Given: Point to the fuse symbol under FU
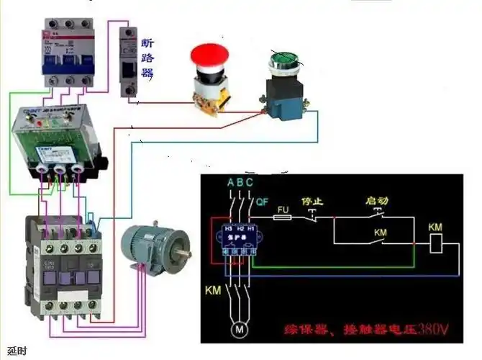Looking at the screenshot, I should [x=283, y=215].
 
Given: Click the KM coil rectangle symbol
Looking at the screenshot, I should [x=434, y=244].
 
